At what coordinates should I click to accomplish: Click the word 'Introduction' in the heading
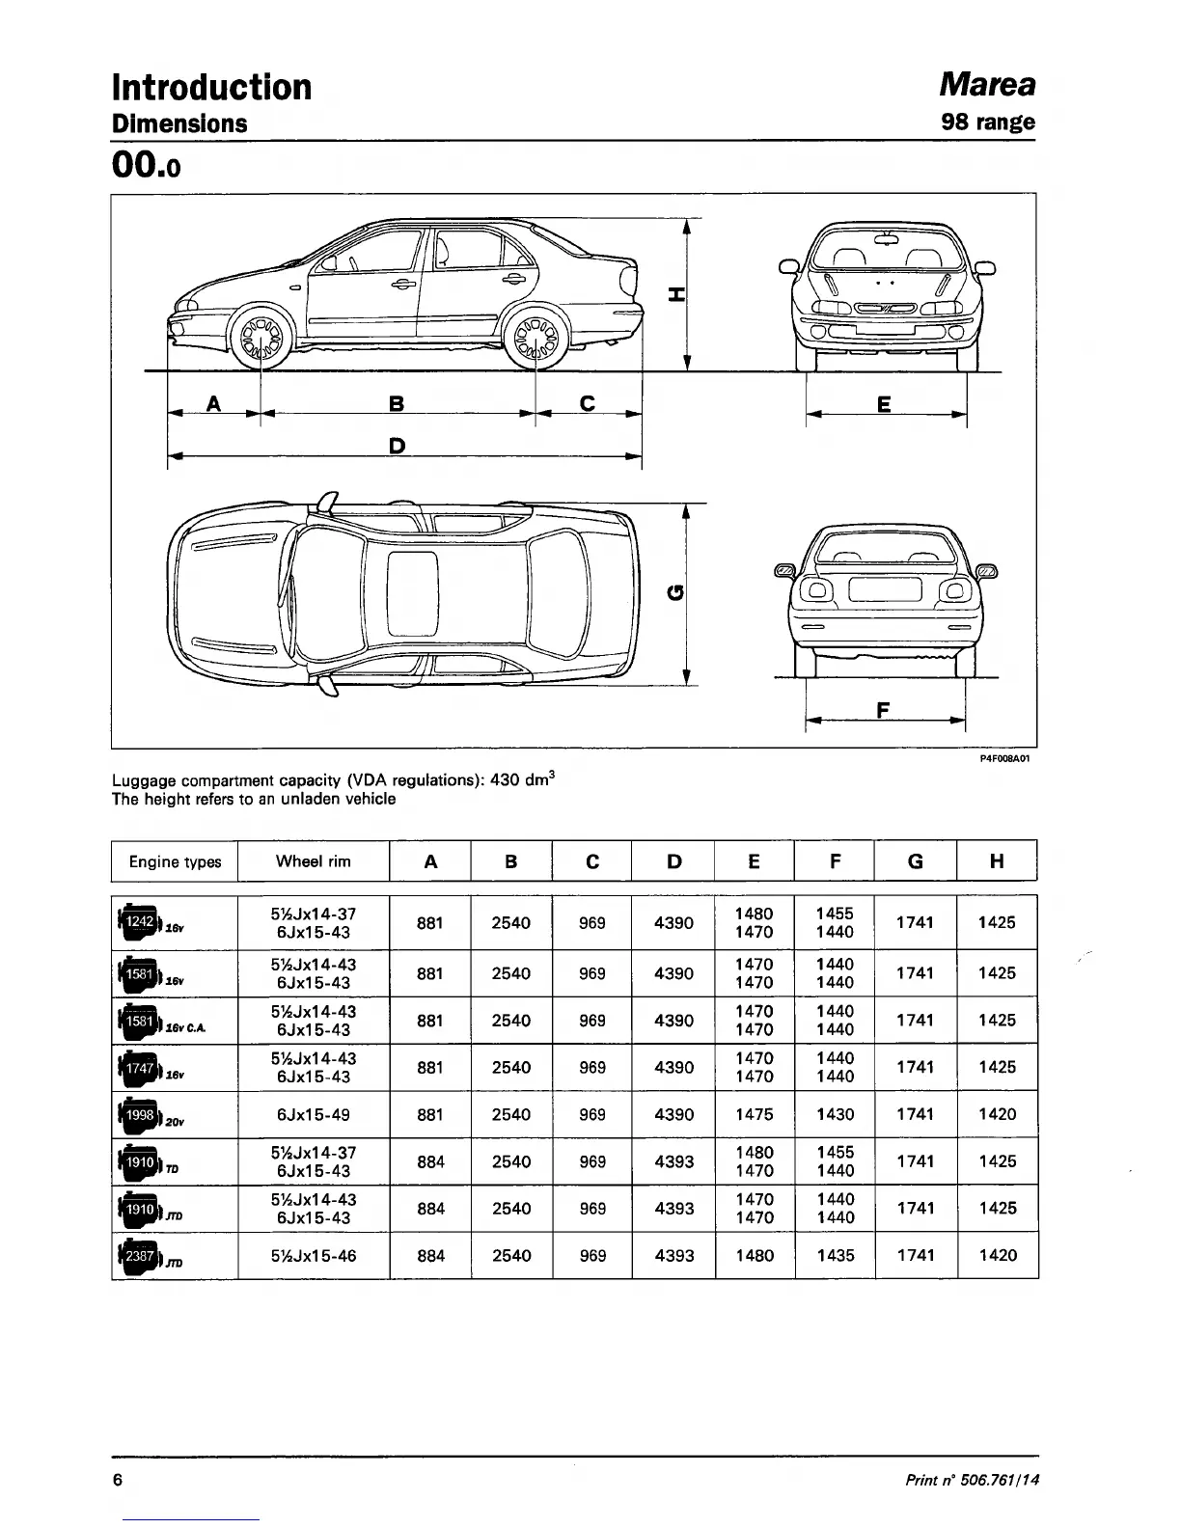(x=212, y=87)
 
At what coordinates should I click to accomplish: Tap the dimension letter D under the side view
(x=396, y=445)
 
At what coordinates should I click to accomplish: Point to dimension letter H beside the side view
(x=676, y=295)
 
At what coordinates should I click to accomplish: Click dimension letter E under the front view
(x=883, y=405)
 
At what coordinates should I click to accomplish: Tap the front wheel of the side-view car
(x=261, y=338)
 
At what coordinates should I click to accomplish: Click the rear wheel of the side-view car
(x=536, y=338)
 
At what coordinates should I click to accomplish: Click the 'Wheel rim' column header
(x=313, y=861)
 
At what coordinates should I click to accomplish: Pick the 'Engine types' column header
(x=175, y=862)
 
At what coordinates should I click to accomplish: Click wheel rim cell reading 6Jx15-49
(x=313, y=1115)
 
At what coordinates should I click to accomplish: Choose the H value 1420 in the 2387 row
(x=997, y=1255)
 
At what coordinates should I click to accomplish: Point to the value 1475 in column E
(x=754, y=1115)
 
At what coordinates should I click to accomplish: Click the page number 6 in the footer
(x=118, y=1481)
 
